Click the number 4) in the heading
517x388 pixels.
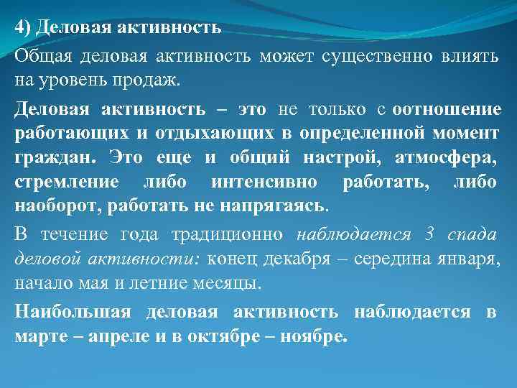[23, 27]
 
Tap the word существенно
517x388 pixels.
[377, 56]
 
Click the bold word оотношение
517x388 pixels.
[447, 109]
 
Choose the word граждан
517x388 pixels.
[45, 157]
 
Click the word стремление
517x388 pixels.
[61, 180]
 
